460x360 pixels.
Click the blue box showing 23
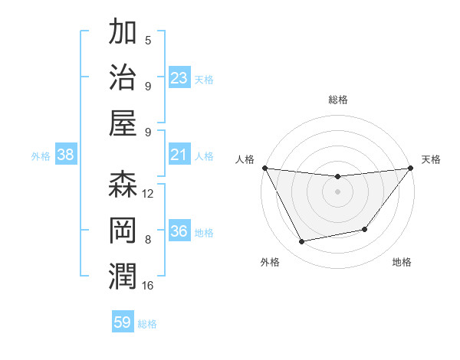(x=179, y=77)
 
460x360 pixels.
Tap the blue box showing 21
(x=179, y=155)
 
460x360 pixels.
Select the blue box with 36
(x=179, y=231)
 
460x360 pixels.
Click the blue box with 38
(x=66, y=155)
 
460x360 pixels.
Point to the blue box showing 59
(x=123, y=322)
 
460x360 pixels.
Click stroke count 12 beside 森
(x=148, y=194)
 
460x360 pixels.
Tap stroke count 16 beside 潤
(x=148, y=286)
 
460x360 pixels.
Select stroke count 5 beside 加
(x=148, y=41)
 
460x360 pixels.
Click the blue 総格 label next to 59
(x=147, y=324)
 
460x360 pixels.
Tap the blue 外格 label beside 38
(x=41, y=156)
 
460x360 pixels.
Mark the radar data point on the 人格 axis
(x=264, y=168)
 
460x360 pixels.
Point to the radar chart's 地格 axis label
(x=402, y=262)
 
